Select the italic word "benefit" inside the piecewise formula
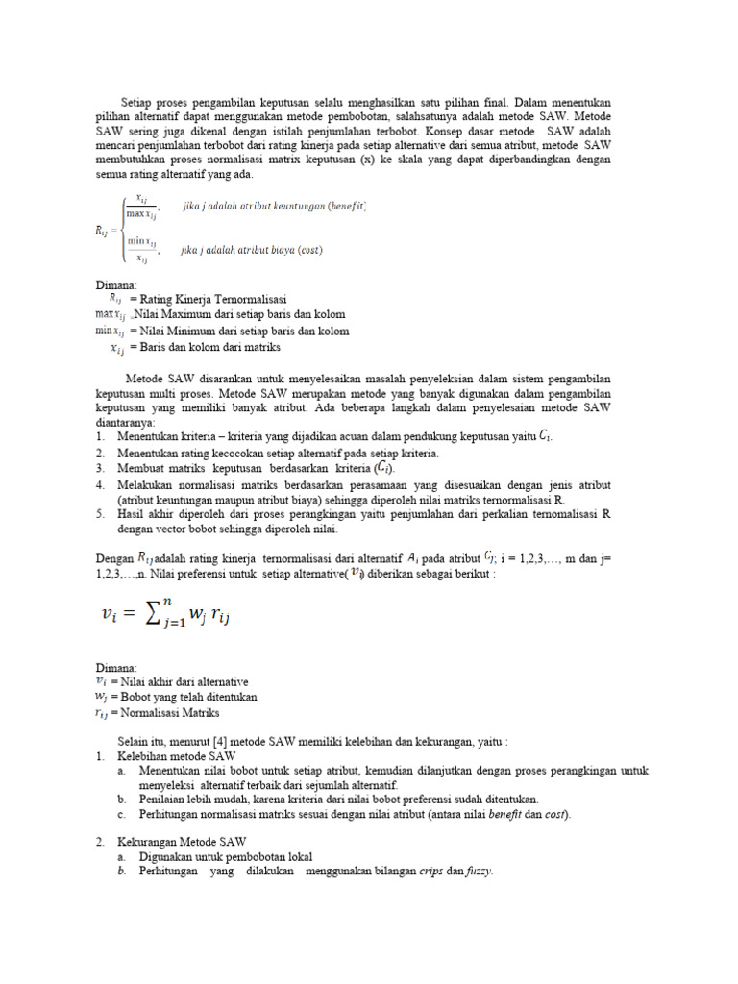[x=345, y=206]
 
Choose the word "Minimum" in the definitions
[x=188, y=331]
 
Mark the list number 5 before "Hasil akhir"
[x=100, y=513]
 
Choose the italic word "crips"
[x=430, y=871]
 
